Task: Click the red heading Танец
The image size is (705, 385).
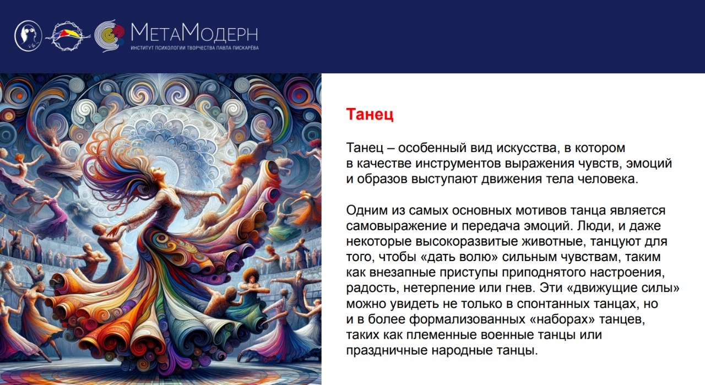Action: [x=370, y=114]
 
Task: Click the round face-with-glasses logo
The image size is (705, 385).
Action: [x=28, y=36]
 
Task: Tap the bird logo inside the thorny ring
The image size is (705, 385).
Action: [x=68, y=36]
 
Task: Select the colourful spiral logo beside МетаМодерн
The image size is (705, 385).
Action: [x=110, y=36]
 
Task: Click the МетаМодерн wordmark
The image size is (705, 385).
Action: [x=194, y=32]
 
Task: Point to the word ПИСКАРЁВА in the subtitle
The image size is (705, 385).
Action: [x=246, y=48]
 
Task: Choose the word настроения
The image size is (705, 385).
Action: [x=626, y=272]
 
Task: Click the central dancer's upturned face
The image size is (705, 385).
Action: [x=158, y=172]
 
